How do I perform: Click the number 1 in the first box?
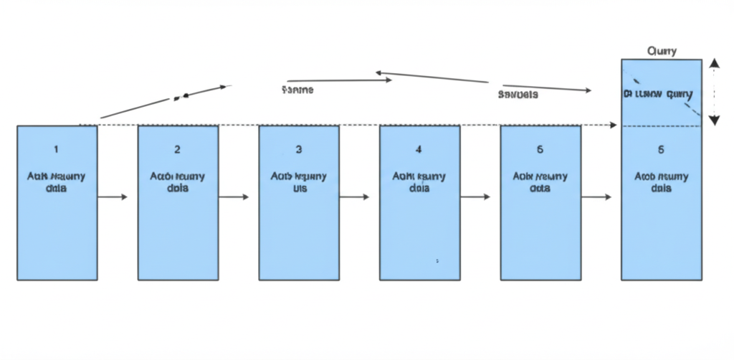click(57, 150)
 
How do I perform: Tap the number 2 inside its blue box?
click(177, 150)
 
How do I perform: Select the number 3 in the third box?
click(299, 150)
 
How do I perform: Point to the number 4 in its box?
click(419, 150)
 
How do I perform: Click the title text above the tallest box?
click(662, 52)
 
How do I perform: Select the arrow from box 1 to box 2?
click(112, 196)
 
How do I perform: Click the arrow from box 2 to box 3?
click(234, 196)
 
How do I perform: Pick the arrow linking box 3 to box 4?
click(354, 196)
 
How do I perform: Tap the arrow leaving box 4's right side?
click(475, 196)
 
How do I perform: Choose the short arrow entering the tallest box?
click(596, 196)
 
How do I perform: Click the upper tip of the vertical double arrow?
click(714, 62)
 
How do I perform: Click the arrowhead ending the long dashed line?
click(613, 125)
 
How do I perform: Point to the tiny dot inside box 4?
click(437, 261)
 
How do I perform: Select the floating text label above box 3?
click(297, 90)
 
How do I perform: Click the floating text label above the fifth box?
click(518, 94)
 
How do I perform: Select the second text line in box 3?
click(299, 189)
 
